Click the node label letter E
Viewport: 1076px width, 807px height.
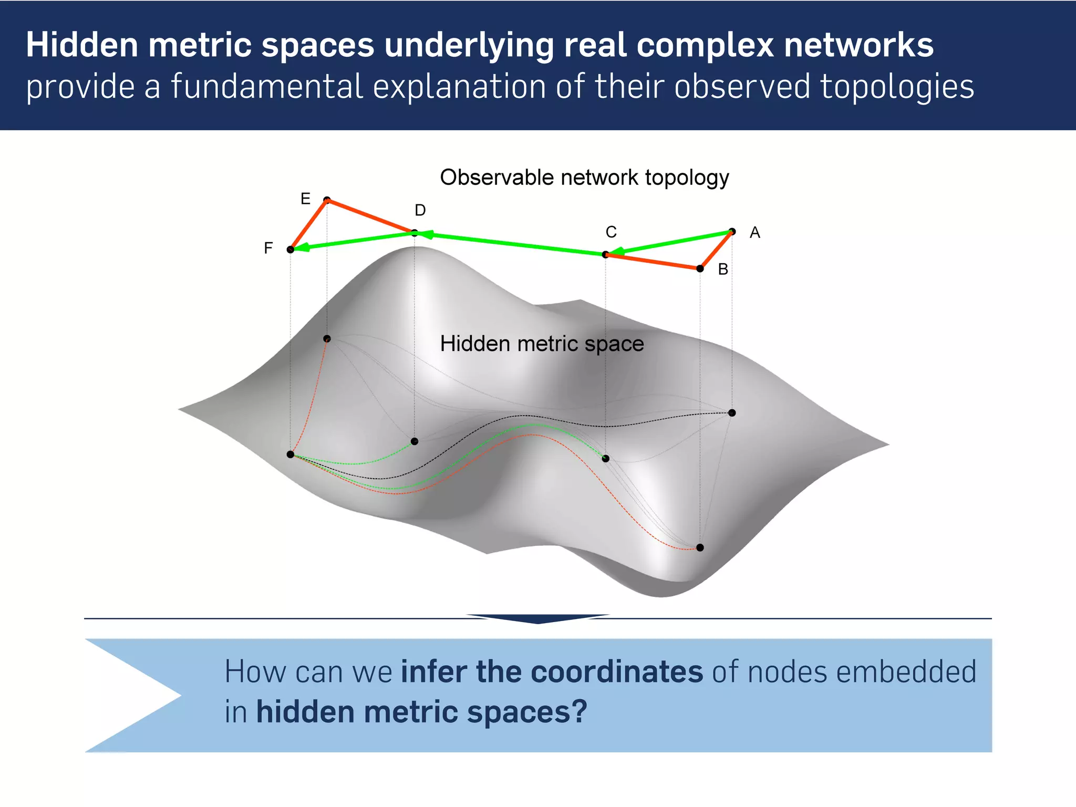(305, 199)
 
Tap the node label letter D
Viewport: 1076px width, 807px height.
(420, 210)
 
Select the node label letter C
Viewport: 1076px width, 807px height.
(611, 232)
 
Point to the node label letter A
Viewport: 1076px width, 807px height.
(754, 232)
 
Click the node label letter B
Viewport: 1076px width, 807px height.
(723, 269)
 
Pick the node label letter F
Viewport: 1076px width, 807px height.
(268, 248)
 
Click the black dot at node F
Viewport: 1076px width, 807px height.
(291, 250)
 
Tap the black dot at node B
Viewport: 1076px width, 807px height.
(700, 268)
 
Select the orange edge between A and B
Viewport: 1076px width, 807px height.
(717, 250)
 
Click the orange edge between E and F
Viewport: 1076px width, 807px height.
(309, 224)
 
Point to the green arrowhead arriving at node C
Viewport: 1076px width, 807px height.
(618, 251)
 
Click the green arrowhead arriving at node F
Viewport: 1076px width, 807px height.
(302, 247)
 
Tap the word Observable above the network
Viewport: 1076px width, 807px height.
(496, 178)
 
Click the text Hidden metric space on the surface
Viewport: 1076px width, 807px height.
(542, 344)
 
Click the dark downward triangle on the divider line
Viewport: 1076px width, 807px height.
(537, 618)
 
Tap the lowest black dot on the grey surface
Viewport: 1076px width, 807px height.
(700, 547)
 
